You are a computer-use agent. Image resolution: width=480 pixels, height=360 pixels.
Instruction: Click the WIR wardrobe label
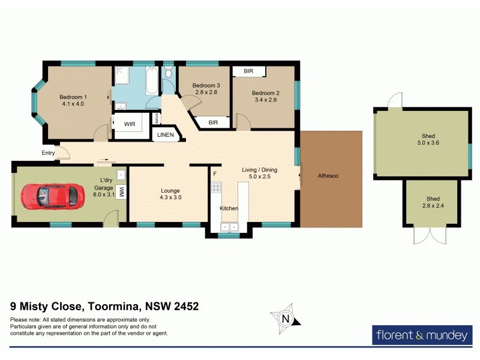(x=130, y=124)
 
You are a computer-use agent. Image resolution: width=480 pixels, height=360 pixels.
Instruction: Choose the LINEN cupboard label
(x=165, y=135)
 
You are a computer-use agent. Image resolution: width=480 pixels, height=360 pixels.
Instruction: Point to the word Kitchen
(x=229, y=208)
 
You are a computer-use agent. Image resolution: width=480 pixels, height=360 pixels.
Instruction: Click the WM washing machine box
(x=121, y=191)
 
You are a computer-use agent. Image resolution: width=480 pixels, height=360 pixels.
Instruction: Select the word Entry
(x=48, y=153)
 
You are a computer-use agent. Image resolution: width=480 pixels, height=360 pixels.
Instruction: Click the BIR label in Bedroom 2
(x=248, y=71)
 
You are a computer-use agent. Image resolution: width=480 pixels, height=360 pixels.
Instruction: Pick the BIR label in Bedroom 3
(x=213, y=122)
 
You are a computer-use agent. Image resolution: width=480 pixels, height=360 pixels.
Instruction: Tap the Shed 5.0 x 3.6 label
(x=428, y=140)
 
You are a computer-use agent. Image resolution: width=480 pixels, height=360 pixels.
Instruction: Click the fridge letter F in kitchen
(x=214, y=173)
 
